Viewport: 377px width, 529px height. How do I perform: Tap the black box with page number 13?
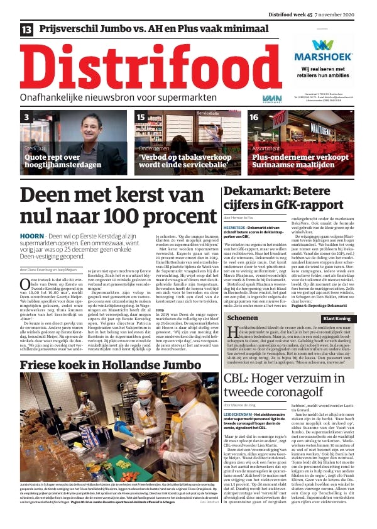click(x=27, y=30)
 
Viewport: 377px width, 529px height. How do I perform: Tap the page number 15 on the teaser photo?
click(x=141, y=118)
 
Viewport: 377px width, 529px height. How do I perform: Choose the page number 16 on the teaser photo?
click(x=254, y=118)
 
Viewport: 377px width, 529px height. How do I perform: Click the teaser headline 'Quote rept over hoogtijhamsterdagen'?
click(x=62, y=161)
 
